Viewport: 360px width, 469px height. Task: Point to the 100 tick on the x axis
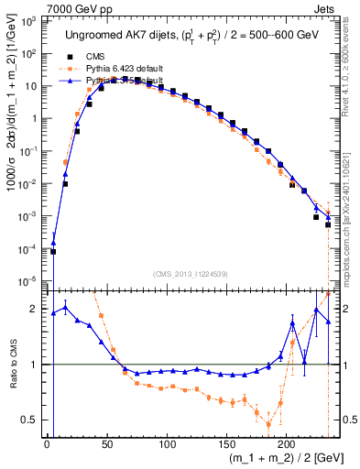coord(166,444)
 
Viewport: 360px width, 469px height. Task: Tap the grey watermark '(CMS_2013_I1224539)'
coord(189,273)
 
